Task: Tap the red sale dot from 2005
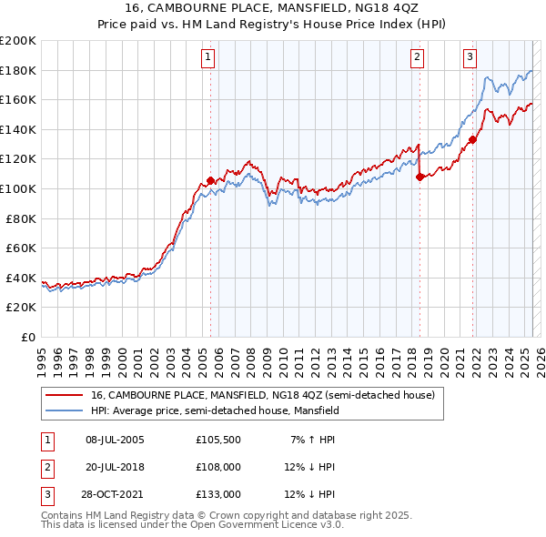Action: pos(210,180)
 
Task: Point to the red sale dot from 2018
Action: pos(420,177)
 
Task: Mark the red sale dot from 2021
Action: pos(473,139)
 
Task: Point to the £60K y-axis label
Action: pos(22,248)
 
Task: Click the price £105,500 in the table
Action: pos(218,440)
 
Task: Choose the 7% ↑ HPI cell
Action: pos(313,440)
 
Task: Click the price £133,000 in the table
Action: pos(218,494)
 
